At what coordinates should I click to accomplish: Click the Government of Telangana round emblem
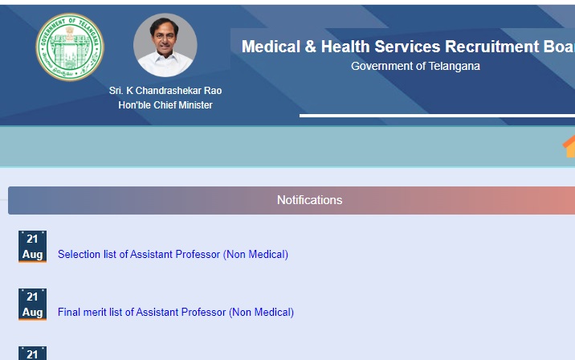pos(70,47)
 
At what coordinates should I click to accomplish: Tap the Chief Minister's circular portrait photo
pos(165,45)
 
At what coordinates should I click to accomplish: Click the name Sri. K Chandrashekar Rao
pos(165,91)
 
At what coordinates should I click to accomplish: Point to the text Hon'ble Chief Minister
pos(165,105)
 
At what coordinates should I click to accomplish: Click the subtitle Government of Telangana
pos(415,66)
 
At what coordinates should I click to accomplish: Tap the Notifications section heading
pos(309,200)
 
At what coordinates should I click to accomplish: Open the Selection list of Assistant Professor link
pos(173,255)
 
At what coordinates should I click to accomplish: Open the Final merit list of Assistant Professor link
pos(176,313)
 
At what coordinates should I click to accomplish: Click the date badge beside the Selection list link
pos(32,247)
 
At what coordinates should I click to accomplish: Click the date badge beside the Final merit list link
pos(32,305)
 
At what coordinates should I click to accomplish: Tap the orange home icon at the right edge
pos(569,146)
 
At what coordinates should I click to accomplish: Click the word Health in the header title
pos(345,47)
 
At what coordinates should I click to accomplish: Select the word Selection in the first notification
pos(80,255)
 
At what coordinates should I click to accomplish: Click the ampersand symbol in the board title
pos(310,47)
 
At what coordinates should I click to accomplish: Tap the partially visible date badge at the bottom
pos(32,354)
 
